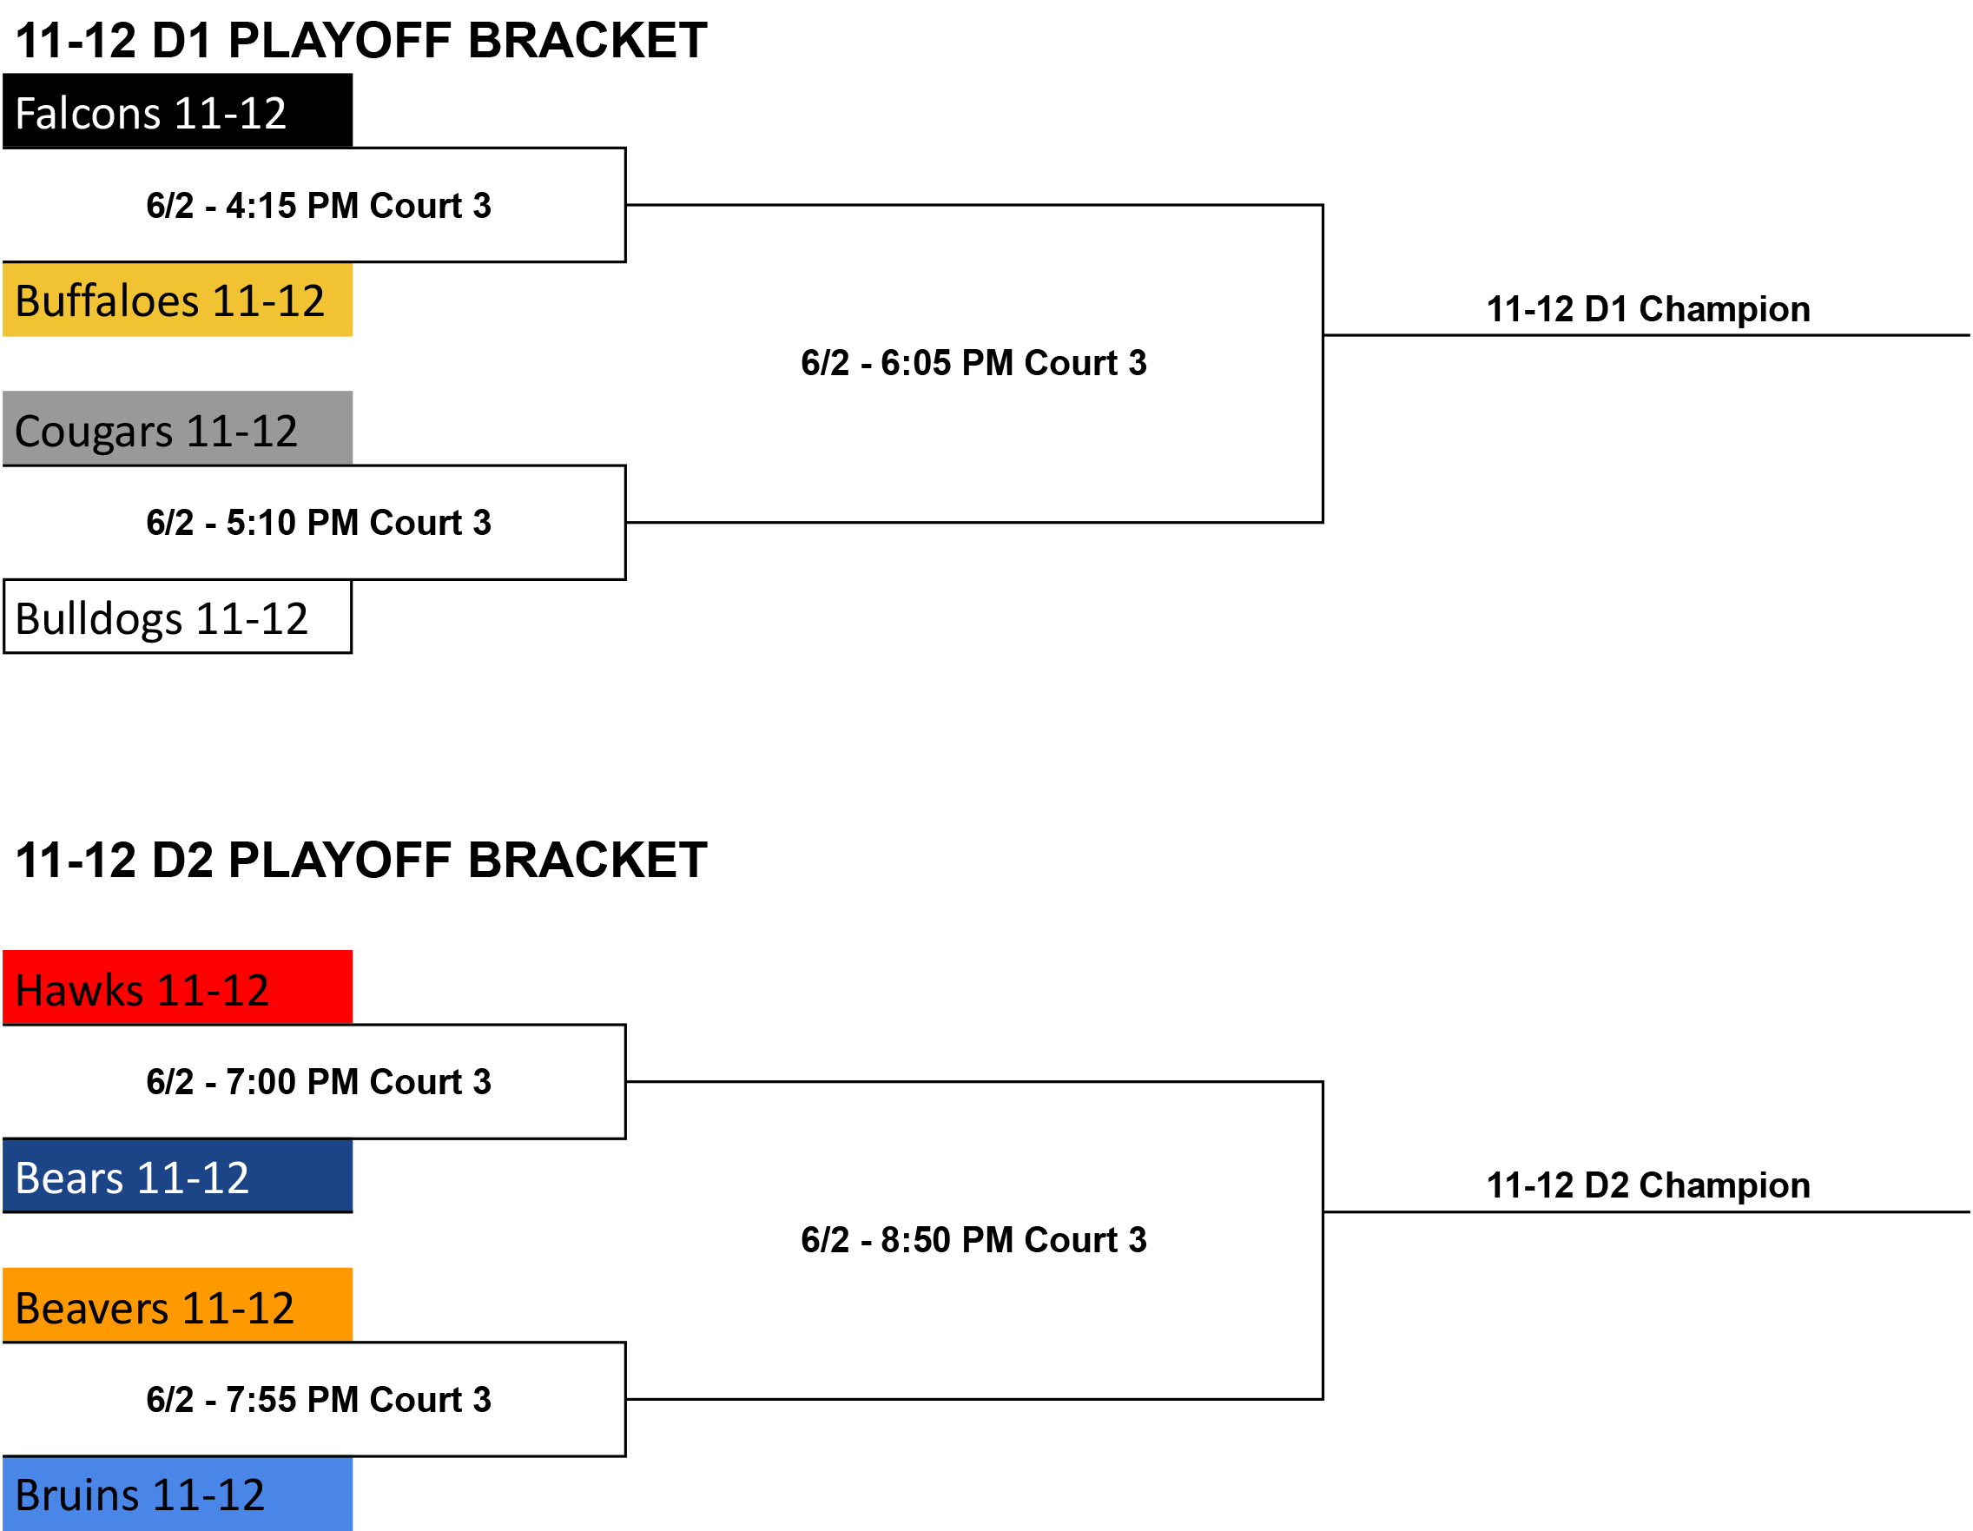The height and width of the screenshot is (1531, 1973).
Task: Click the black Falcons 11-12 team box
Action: click(178, 110)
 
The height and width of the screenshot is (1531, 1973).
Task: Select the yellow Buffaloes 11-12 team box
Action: click(178, 300)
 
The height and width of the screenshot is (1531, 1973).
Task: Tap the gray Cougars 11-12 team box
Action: click(178, 428)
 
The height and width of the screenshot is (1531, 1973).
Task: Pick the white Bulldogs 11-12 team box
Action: click(178, 617)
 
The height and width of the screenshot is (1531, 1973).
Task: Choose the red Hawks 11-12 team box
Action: click(178, 987)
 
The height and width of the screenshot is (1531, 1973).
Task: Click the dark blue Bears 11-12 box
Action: click(178, 1176)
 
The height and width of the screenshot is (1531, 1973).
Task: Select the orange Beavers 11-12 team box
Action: click(178, 1305)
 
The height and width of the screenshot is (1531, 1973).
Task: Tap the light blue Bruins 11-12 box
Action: click(178, 1494)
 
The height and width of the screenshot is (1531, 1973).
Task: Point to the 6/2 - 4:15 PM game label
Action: click(319, 206)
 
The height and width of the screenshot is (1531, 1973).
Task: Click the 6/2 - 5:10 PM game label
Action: click(319, 523)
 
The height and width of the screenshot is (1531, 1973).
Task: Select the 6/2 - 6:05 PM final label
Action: click(973, 363)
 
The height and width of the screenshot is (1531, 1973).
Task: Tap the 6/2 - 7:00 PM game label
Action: click(319, 1082)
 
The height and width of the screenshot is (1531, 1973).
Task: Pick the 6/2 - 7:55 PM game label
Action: click(319, 1400)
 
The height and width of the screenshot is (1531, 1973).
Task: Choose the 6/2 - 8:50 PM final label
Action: click(973, 1240)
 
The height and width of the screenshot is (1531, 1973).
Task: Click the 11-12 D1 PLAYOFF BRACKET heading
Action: click(361, 41)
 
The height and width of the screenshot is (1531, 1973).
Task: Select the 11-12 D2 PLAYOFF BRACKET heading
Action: click(361, 860)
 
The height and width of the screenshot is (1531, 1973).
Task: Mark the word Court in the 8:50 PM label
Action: click(1072, 1240)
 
